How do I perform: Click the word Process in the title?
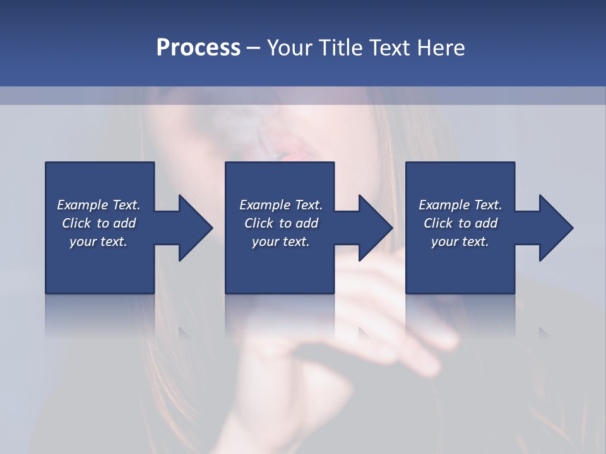point(198,48)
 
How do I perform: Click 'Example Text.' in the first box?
point(98,205)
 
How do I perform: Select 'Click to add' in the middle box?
point(281,223)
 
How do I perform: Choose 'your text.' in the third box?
point(460,242)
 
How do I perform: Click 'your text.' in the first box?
point(98,242)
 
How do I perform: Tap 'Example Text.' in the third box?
point(460,205)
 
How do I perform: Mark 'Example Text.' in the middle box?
point(281,205)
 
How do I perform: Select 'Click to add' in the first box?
point(98,223)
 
